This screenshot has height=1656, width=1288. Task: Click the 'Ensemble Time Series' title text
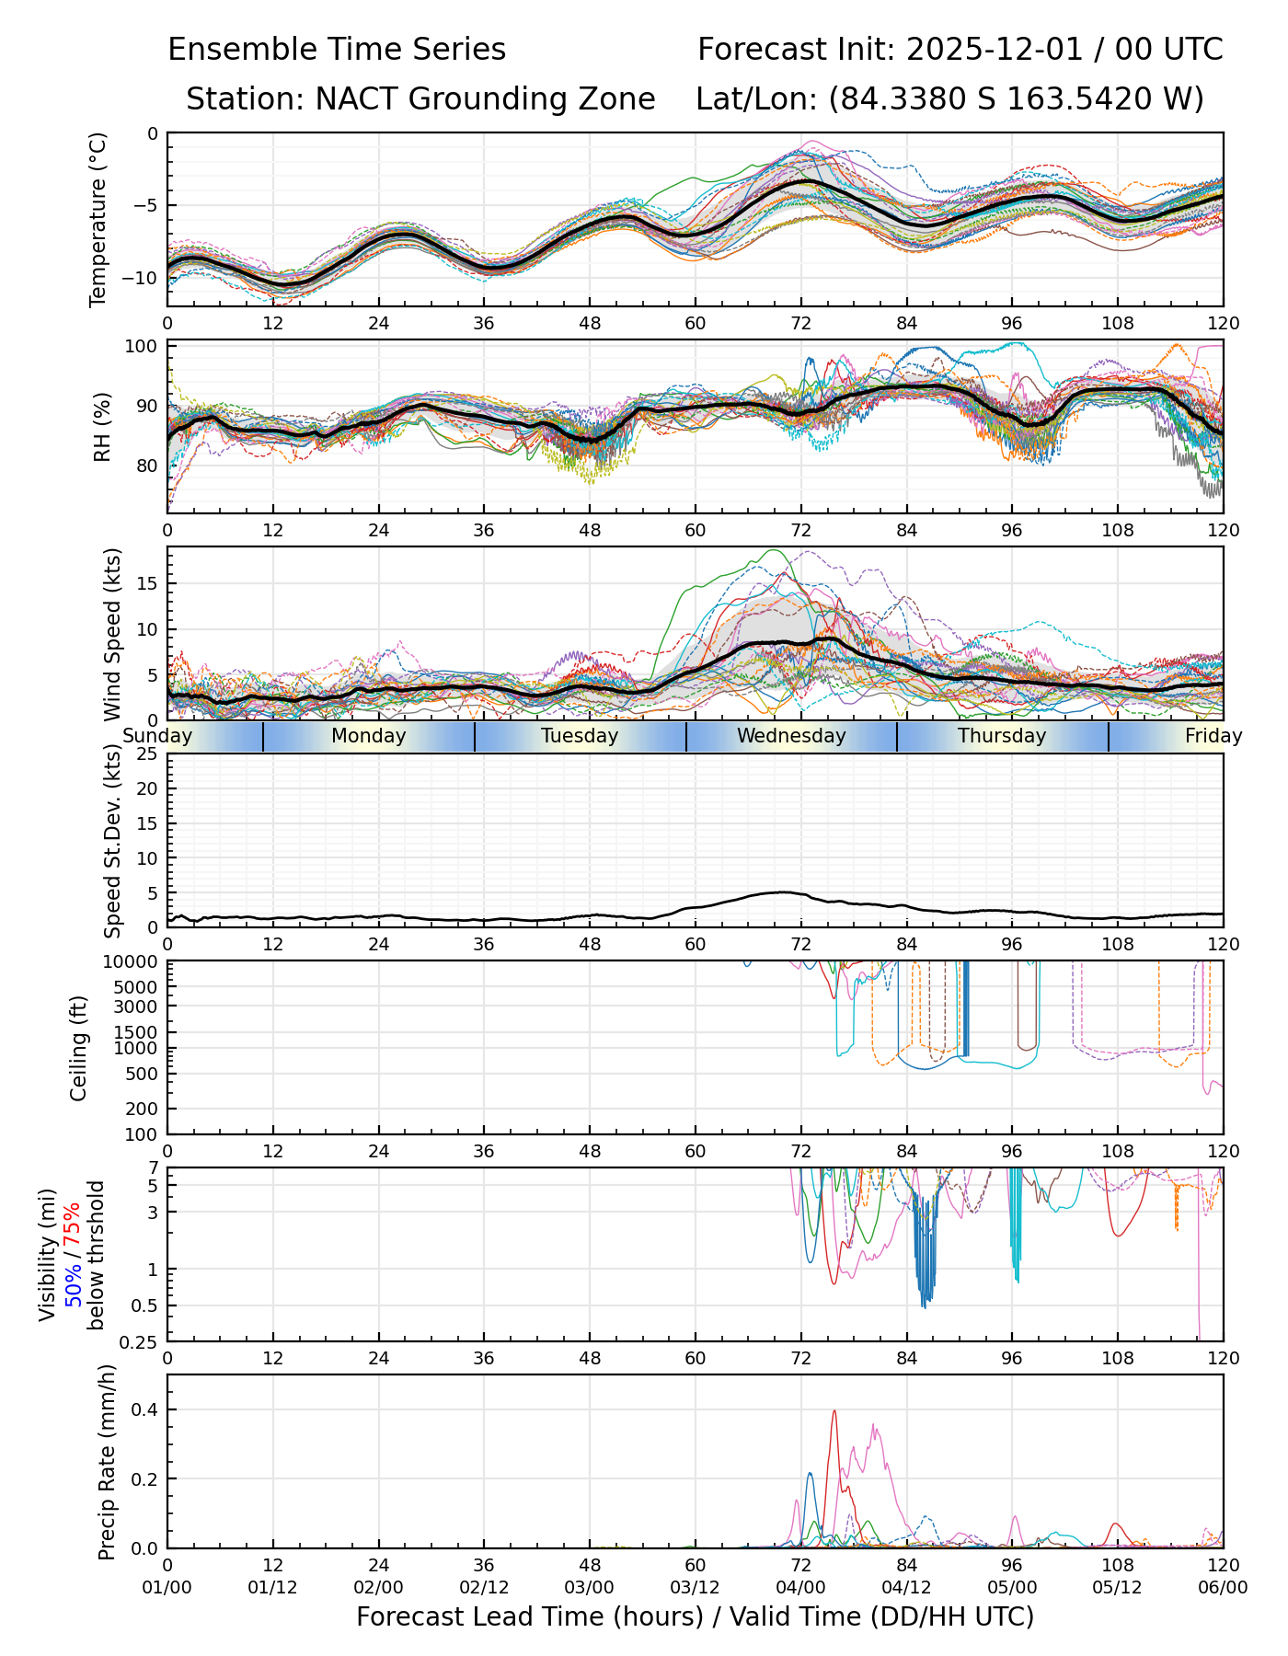(337, 50)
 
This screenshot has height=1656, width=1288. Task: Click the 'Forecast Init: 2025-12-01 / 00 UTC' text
(960, 50)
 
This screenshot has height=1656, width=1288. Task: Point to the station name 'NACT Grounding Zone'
(485, 99)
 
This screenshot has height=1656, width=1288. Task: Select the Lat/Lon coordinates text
(949, 99)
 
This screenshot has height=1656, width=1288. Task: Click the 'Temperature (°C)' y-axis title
(98, 219)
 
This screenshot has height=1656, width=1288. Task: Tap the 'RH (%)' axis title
(102, 427)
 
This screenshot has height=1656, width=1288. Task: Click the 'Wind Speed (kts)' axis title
(112, 634)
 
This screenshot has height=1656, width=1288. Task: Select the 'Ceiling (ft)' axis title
(79, 1049)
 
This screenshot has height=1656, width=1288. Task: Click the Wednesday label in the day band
(791, 736)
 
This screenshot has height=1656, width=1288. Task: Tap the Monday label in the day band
(368, 736)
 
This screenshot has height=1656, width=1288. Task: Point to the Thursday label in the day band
(1002, 736)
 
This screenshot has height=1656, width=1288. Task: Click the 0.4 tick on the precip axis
(147, 1410)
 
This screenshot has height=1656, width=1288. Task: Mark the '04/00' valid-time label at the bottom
(800, 1588)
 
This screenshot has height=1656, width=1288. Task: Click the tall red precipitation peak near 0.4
(834, 1412)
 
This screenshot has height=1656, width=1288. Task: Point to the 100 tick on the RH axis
(142, 347)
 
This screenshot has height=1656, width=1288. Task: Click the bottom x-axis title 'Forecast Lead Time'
(695, 1616)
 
